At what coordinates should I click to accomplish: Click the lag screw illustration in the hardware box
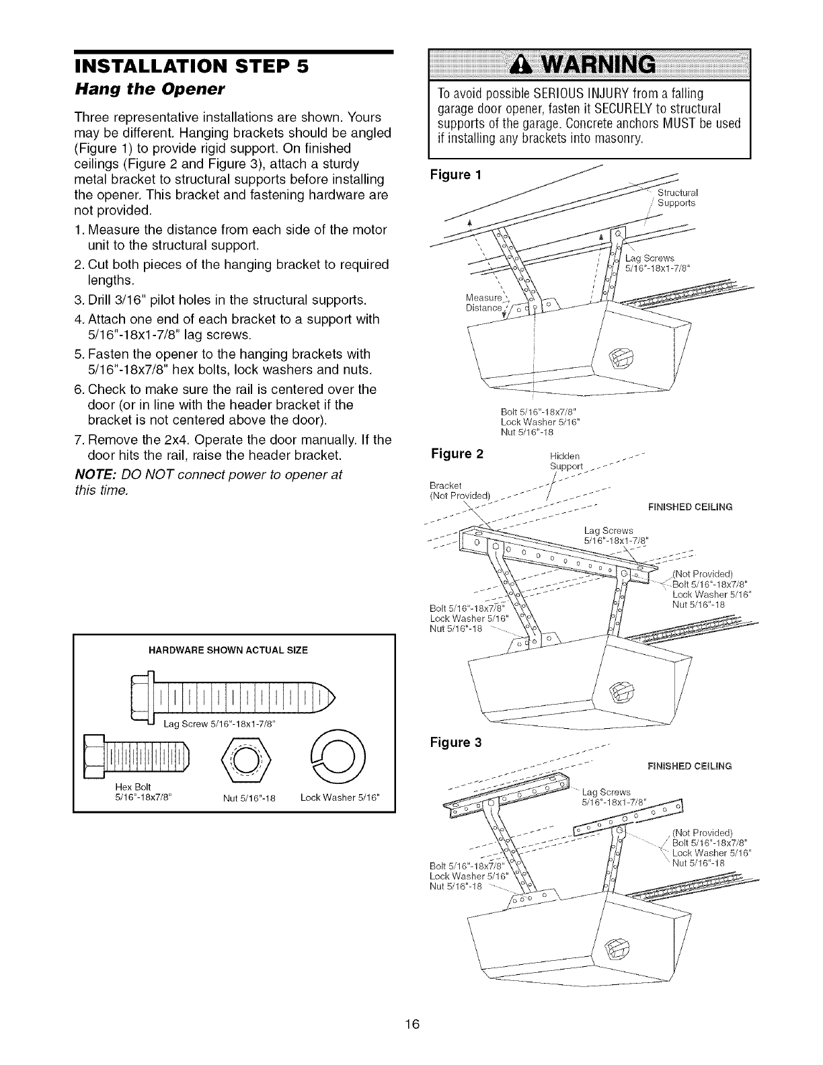pos(235,699)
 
